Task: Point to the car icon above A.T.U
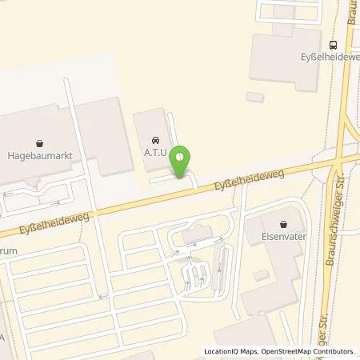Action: (x=154, y=136)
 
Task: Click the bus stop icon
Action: (x=331, y=45)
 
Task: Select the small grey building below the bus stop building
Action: (x=254, y=97)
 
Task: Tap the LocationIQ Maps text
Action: (x=226, y=351)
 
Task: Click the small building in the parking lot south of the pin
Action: (x=192, y=236)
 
